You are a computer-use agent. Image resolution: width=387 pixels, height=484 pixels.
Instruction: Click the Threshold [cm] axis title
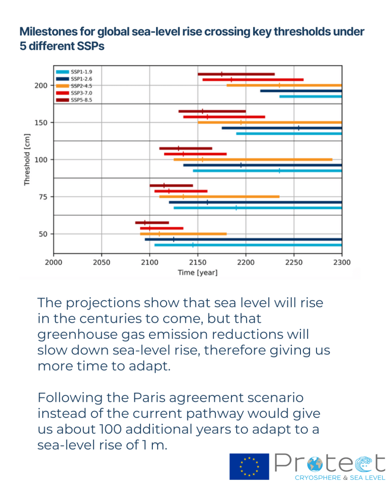27,159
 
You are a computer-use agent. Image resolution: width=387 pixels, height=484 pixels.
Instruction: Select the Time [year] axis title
198,273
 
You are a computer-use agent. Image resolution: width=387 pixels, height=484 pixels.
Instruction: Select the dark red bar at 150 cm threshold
212,111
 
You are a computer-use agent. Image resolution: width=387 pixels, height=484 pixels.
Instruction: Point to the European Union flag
249,466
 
